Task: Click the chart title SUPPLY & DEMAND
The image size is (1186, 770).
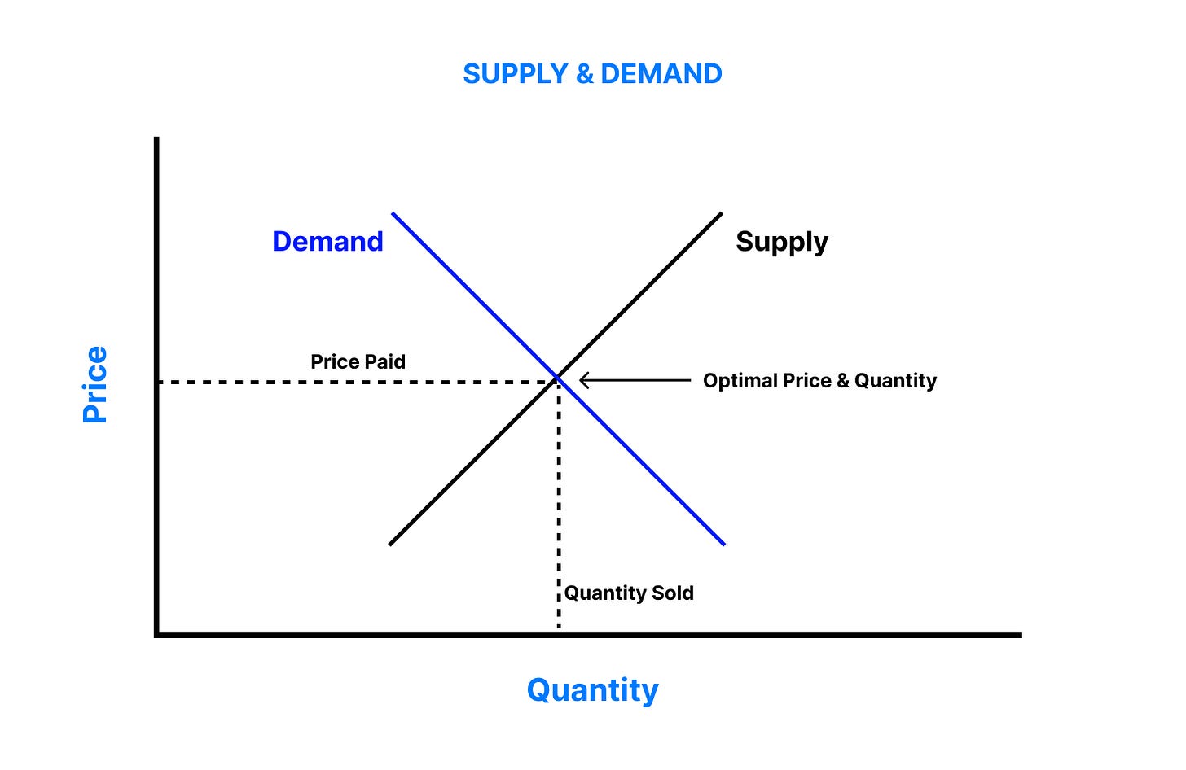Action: click(592, 74)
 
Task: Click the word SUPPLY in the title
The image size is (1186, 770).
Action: click(515, 74)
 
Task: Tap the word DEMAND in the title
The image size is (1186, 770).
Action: click(661, 74)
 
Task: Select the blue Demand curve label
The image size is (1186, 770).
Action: click(327, 242)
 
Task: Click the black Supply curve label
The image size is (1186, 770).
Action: click(781, 242)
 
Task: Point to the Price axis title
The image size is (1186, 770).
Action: click(95, 384)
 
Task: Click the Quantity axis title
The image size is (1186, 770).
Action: click(592, 690)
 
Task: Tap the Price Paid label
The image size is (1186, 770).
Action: click(358, 361)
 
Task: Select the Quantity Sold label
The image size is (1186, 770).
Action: click(629, 593)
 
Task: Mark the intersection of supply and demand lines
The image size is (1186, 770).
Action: click(558, 378)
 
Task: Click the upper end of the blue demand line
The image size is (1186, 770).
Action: click(393, 214)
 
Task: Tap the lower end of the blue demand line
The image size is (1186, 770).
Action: click(723, 543)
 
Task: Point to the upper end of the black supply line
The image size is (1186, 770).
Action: click(720, 215)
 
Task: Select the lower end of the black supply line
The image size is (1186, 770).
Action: click(391, 543)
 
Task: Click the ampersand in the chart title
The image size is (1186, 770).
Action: click(584, 74)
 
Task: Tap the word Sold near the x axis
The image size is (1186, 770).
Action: click(672, 593)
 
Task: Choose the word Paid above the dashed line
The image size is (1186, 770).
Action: click(385, 361)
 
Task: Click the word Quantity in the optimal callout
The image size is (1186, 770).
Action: click(895, 381)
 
